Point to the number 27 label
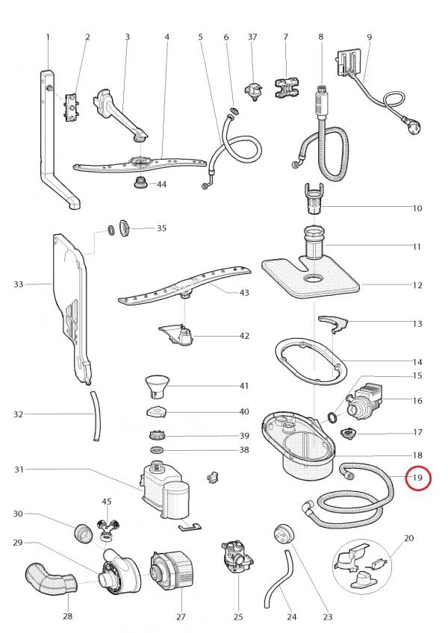[x=180, y=617]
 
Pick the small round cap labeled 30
[x=84, y=534]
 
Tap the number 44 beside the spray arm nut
[x=161, y=184]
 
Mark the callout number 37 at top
[x=252, y=37]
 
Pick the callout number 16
[x=417, y=401]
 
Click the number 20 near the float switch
[x=408, y=538]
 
